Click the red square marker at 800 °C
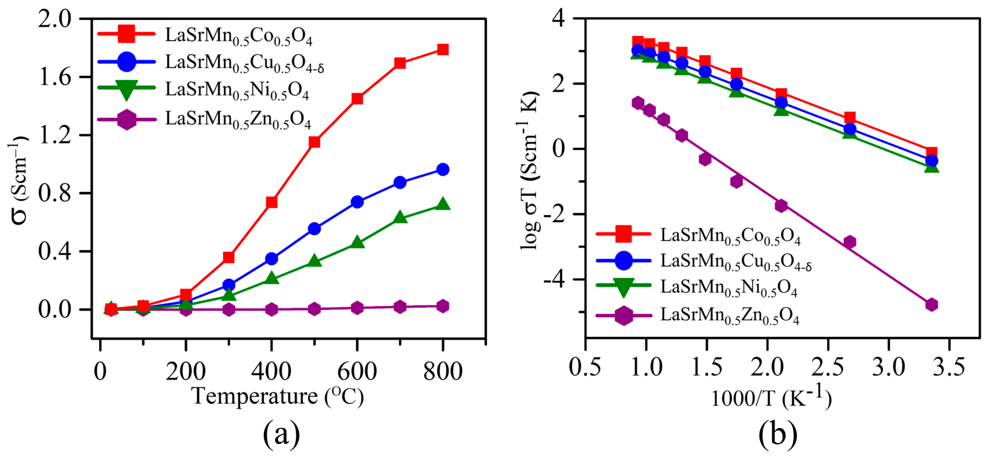click(443, 50)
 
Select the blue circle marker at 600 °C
click(357, 202)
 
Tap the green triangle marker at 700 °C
click(400, 217)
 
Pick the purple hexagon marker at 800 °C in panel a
click(443, 306)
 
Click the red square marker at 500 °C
click(315, 142)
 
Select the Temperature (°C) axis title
click(277, 396)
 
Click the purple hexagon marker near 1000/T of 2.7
click(850, 242)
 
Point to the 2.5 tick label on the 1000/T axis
click(827, 367)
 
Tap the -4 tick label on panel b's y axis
click(554, 280)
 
